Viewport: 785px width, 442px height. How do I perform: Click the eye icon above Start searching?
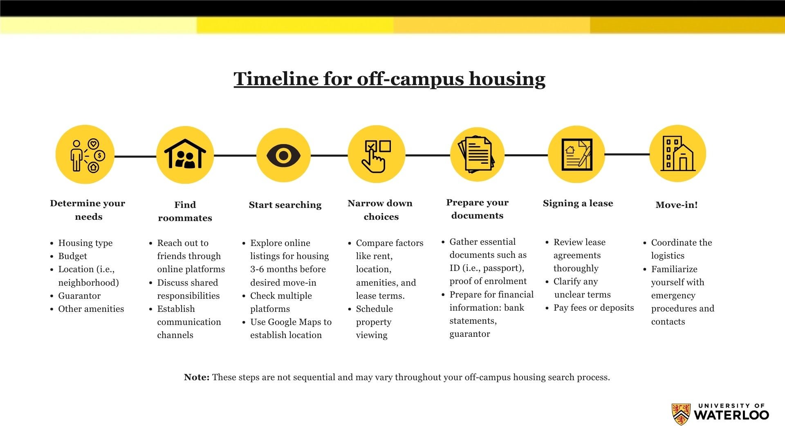tap(283, 156)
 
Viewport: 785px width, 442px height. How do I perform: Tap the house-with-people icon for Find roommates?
tap(185, 154)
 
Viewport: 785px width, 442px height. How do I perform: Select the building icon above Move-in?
tap(677, 153)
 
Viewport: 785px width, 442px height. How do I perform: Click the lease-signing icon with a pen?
tap(576, 154)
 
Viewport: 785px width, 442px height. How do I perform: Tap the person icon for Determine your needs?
tap(76, 156)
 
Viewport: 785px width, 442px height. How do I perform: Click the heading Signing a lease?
tap(578, 203)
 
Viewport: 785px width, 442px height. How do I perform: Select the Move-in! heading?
tap(677, 205)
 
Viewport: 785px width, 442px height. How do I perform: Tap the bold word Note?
tap(197, 377)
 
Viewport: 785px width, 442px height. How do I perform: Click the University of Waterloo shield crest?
tap(681, 414)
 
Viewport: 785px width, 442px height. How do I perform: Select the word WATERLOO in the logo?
tap(731, 415)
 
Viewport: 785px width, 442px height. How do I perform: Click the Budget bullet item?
tap(73, 256)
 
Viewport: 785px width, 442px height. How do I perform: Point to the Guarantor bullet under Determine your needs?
tap(79, 296)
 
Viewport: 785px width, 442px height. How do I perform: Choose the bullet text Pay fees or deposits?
tap(594, 308)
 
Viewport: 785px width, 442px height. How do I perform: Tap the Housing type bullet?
tap(85, 243)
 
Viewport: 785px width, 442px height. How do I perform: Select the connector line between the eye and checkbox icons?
tap(329, 156)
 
